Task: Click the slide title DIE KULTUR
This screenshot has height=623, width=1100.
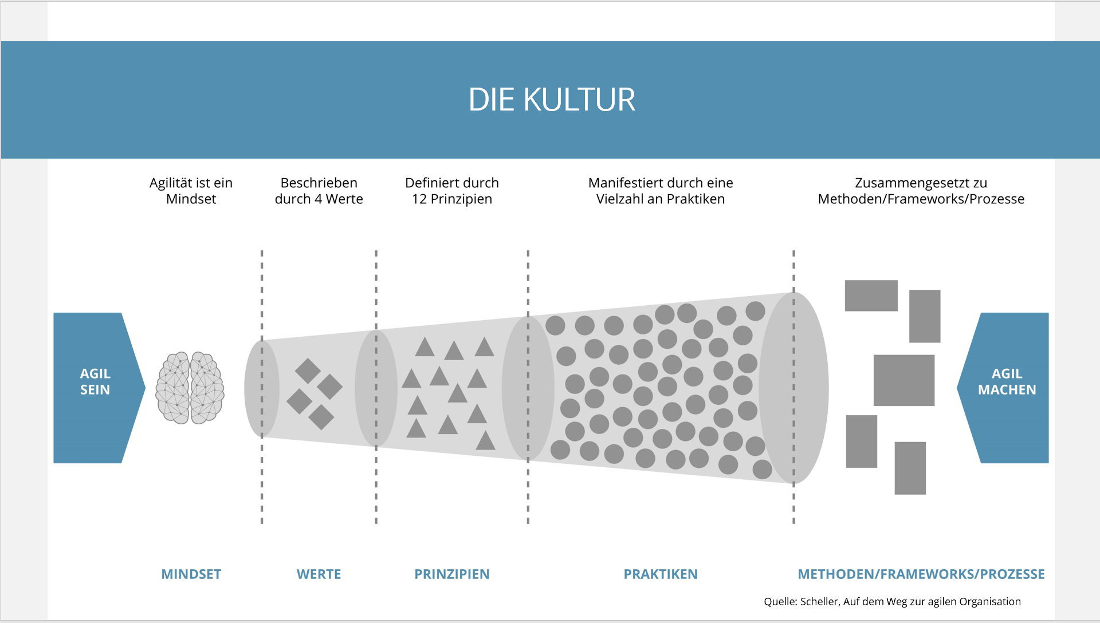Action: point(552,100)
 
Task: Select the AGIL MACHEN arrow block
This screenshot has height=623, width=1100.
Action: point(1004,388)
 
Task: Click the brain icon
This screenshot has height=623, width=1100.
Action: point(190,388)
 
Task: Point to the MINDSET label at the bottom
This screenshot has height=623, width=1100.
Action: point(191,574)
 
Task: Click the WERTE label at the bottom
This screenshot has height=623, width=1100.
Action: point(319,574)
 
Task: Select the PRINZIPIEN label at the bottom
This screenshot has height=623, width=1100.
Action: point(452,574)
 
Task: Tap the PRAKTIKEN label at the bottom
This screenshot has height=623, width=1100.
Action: point(661,574)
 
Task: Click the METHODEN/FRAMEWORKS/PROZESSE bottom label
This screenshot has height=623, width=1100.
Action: point(921,574)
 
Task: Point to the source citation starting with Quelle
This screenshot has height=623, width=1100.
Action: point(892,601)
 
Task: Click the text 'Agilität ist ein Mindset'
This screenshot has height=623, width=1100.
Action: point(191,191)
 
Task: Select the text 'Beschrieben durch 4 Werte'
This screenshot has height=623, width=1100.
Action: point(319,191)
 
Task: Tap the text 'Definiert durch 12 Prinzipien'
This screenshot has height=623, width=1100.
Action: point(452,191)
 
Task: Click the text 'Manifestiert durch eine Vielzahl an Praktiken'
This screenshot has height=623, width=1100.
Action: point(661,191)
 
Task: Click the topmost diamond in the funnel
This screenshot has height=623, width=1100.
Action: point(308,371)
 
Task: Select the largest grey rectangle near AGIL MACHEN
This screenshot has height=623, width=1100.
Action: point(904,380)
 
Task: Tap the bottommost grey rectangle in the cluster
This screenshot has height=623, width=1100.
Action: point(910,468)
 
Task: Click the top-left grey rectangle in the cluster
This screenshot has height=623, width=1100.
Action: point(871,295)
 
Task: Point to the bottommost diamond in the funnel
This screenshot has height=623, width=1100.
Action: point(321,417)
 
